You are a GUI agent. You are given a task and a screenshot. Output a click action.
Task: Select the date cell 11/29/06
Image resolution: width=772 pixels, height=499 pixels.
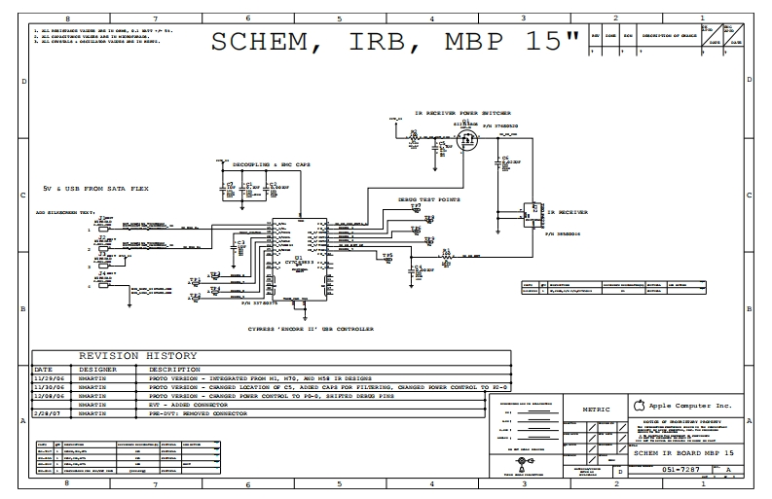[x=50, y=378]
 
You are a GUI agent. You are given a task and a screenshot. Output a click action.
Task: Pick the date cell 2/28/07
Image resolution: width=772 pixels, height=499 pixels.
[x=48, y=413]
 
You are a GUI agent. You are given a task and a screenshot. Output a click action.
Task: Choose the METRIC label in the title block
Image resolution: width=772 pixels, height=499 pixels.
[x=596, y=410]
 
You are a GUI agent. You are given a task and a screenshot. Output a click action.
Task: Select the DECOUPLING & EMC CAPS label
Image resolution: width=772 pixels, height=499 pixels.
[x=263, y=166]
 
